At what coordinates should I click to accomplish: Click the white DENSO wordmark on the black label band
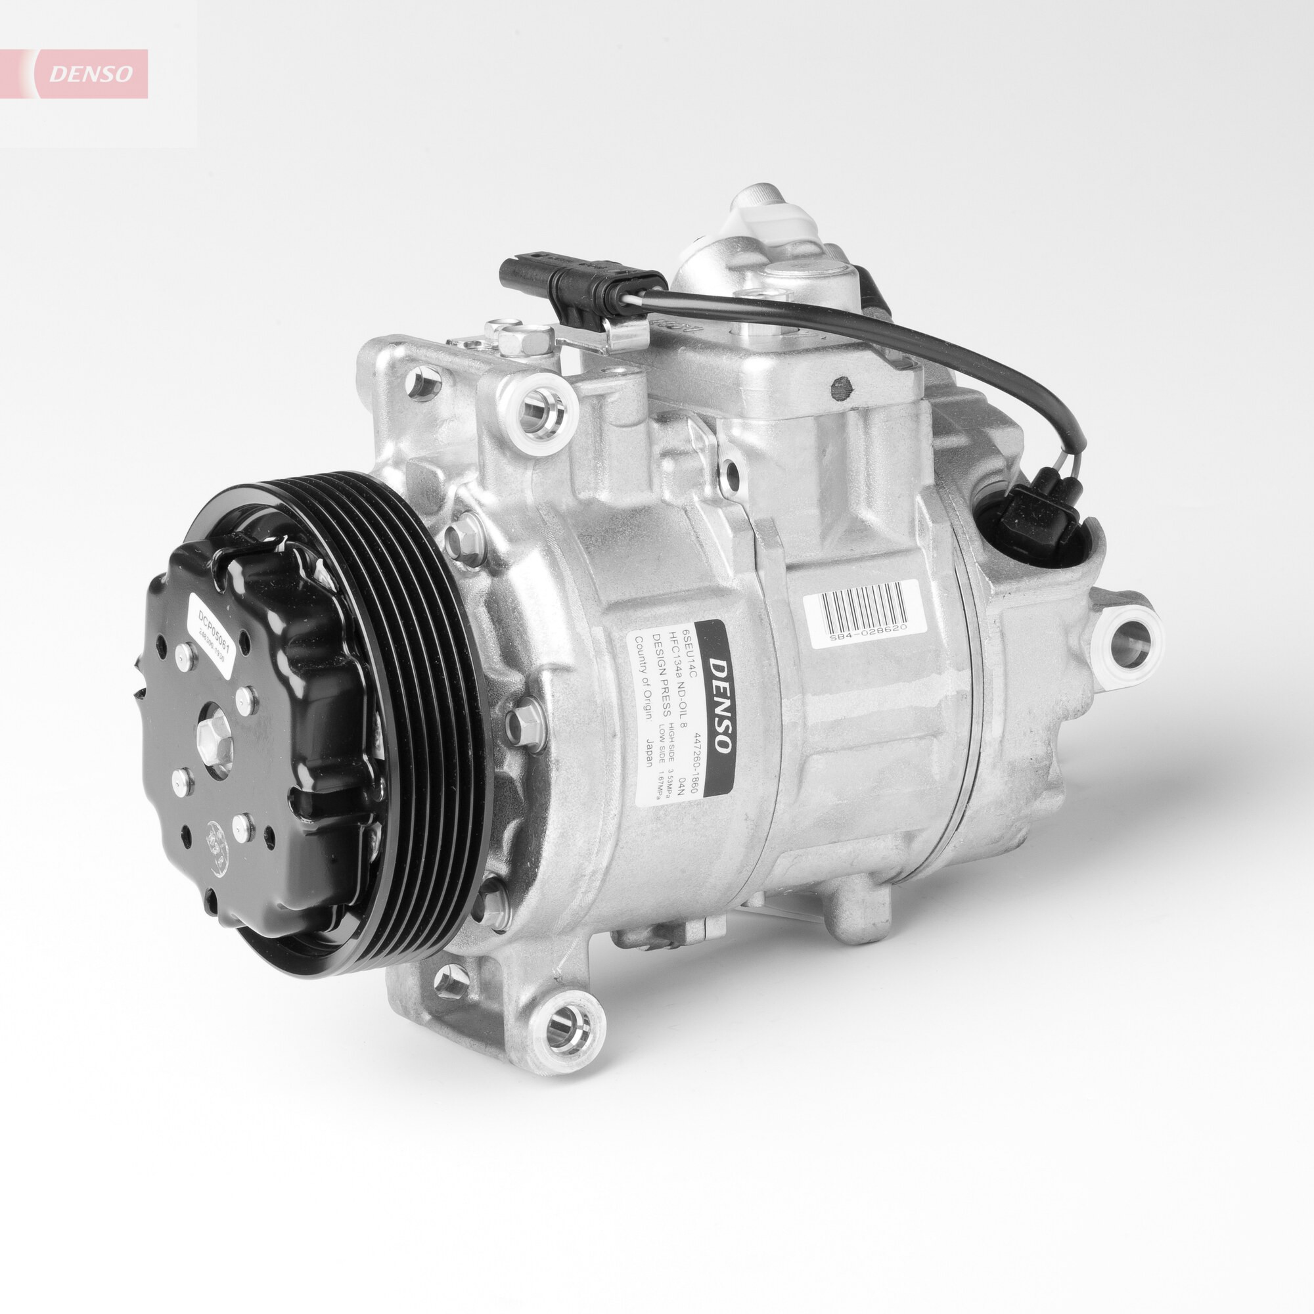pos(719,704)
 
